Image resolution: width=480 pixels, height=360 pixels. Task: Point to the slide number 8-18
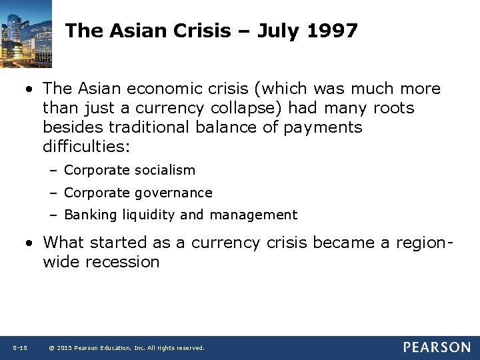(x=19, y=347)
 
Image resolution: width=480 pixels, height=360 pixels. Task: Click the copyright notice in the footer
(x=127, y=347)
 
